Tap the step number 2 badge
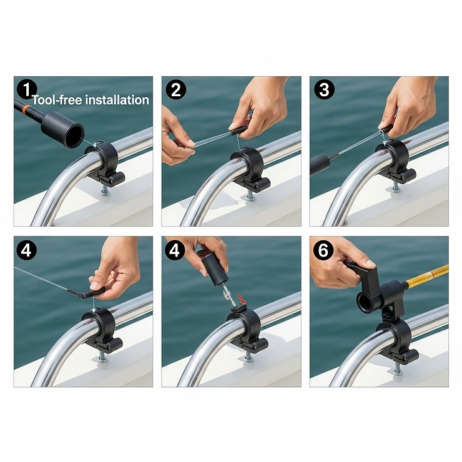(x=176, y=90)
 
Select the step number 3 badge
(x=324, y=90)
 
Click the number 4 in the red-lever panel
(x=176, y=250)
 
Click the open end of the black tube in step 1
(x=72, y=134)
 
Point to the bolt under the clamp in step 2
(x=250, y=195)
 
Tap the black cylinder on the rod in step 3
(x=320, y=164)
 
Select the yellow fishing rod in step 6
(x=427, y=275)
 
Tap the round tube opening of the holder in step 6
(x=365, y=301)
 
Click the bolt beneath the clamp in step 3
(x=396, y=187)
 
